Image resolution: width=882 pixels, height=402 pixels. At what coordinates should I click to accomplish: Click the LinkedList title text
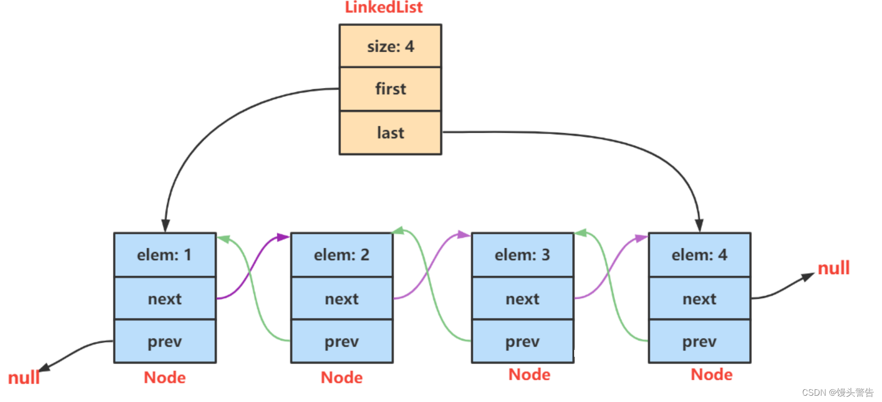click(x=383, y=7)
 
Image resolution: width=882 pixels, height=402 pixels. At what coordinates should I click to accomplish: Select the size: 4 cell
click(x=390, y=46)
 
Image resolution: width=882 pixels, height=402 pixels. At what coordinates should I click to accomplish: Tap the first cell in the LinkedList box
click(x=390, y=89)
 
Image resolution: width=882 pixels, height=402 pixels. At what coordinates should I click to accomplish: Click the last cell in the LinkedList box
click(x=390, y=133)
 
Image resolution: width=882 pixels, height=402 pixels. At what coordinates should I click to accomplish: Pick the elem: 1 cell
click(x=164, y=255)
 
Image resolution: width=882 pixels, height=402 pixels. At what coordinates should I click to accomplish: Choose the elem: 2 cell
click(x=341, y=255)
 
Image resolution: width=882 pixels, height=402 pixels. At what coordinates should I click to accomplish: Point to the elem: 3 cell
click(x=522, y=255)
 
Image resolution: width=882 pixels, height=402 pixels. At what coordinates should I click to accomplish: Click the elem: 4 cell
click(x=699, y=255)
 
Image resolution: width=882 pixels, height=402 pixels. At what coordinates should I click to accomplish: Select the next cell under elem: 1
click(x=164, y=299)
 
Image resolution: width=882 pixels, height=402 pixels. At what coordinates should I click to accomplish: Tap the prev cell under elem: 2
click(x=341, y=341)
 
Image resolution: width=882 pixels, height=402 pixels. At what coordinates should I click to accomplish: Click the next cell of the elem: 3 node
click(x=522, y=299)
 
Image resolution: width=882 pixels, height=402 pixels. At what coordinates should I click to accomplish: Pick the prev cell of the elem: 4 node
click(x=699, y=341)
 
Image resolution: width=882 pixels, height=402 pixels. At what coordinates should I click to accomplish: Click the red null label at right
click(x=833, y=268)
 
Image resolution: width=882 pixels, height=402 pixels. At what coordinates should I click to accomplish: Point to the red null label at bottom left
click(x=24, y=377)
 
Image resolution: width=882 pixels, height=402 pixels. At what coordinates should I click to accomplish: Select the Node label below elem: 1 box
click(x=164, y=377)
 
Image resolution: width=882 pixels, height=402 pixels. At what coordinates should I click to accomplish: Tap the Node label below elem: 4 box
click(x=711, y=374)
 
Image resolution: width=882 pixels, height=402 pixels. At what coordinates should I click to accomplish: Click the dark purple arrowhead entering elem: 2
click(x=284, y=237)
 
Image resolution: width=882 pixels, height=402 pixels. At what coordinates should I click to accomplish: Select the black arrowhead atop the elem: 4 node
click(x=699, y=225)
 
